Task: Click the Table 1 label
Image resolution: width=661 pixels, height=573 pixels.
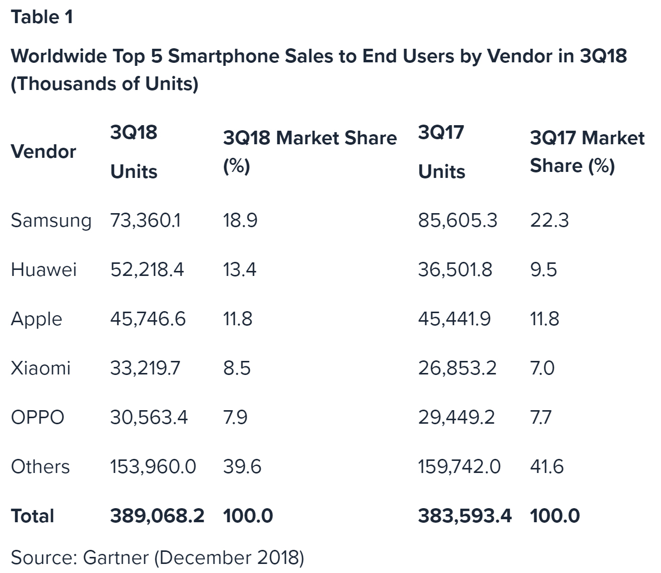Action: tap(42, 17)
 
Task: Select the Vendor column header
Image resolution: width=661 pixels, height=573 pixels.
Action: tap(44, 151)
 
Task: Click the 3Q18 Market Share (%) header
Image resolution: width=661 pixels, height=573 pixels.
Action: tap(309, 151)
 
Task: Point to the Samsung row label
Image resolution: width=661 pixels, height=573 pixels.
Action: tap(51, 221)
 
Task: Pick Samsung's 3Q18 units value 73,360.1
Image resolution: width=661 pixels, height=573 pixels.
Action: tap(146, 221)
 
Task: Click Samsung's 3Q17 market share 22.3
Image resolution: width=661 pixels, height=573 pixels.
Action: tap(549, 221)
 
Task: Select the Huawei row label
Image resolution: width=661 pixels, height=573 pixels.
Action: tap(44, 270)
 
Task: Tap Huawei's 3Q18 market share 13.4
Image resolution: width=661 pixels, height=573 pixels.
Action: tap(240, 270)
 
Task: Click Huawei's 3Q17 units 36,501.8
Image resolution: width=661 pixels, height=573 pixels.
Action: tap(455, 270)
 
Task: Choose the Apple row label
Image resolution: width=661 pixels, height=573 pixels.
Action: tap(37, 319)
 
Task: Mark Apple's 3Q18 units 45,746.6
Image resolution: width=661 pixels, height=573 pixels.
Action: tap(148, 319)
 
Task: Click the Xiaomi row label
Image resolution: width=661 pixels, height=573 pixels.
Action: tap(41, 368)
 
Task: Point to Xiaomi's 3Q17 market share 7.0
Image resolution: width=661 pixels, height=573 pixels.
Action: tap(542, 368)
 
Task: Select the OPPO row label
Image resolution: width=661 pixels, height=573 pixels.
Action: tap(38, 418)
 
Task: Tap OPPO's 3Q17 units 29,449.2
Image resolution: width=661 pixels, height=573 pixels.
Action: tap(456, 418)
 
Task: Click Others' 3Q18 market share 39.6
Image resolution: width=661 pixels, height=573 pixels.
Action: tap(242, 467)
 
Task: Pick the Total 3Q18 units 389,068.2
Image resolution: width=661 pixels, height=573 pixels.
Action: tap(157, 516)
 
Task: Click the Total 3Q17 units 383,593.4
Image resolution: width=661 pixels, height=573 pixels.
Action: tap(465, 516)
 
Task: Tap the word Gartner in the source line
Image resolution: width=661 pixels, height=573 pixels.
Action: tap(116, 558)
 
